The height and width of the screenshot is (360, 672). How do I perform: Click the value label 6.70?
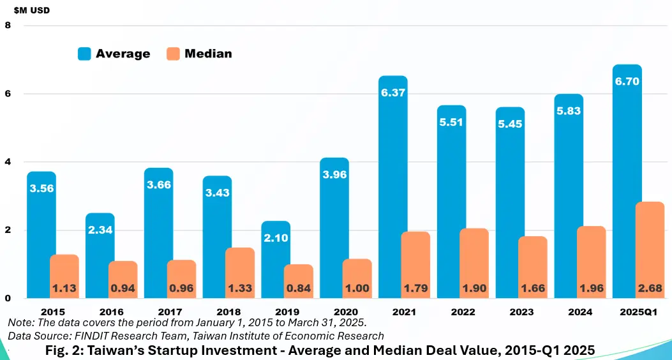pyautogui.click(x=627, y=82)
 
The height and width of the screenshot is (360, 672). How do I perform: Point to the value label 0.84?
pyautogui.click(x=299, y=289)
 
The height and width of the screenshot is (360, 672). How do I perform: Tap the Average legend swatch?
pyautogui.click(x=84, y=54)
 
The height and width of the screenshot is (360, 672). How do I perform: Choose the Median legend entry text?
pyautogui.click(x=208, y=54)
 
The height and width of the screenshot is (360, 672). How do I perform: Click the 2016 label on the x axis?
pyautogui.click(x=100, y=312)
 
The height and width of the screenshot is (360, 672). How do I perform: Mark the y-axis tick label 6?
pyautogui.click(x=8, y=93)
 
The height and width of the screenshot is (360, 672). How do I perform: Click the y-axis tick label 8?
pyautogui.click(x=8, y=25)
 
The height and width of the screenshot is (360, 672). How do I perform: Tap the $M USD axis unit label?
pyautogui.click(x=32, y=10)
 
